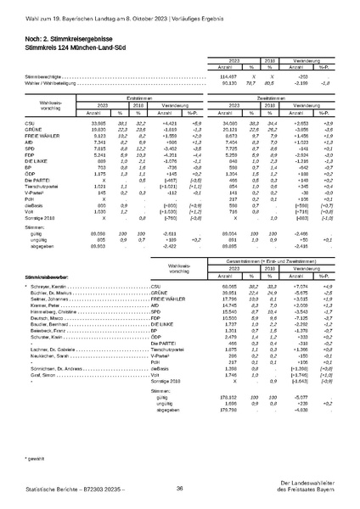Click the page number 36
[x=180, y=489]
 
